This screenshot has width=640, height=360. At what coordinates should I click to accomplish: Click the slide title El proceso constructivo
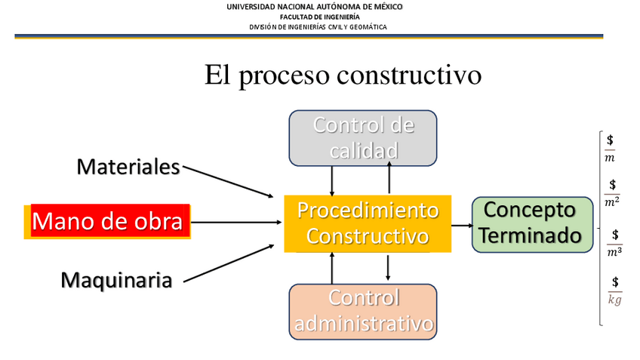pos(343,75)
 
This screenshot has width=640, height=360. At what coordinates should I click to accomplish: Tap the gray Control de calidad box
pos(363,137)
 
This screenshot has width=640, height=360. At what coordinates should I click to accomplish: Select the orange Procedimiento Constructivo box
pos(368,223)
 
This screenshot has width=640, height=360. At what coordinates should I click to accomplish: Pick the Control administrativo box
pos(363,311)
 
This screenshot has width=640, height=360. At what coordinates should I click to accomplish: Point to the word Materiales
pos(128,166)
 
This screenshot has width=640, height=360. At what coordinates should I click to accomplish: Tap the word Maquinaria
pos(116,280)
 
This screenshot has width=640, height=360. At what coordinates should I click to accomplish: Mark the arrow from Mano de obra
pos(234,223)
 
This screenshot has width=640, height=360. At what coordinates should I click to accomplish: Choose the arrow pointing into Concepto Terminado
pos(461,224)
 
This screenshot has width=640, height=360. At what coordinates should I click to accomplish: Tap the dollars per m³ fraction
pos(614,243)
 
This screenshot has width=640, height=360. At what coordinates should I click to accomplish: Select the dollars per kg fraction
pos(615,291)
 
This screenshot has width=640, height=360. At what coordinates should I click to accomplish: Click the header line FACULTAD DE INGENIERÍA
pos(320,17)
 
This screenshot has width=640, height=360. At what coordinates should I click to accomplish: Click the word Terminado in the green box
pos(531,235)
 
